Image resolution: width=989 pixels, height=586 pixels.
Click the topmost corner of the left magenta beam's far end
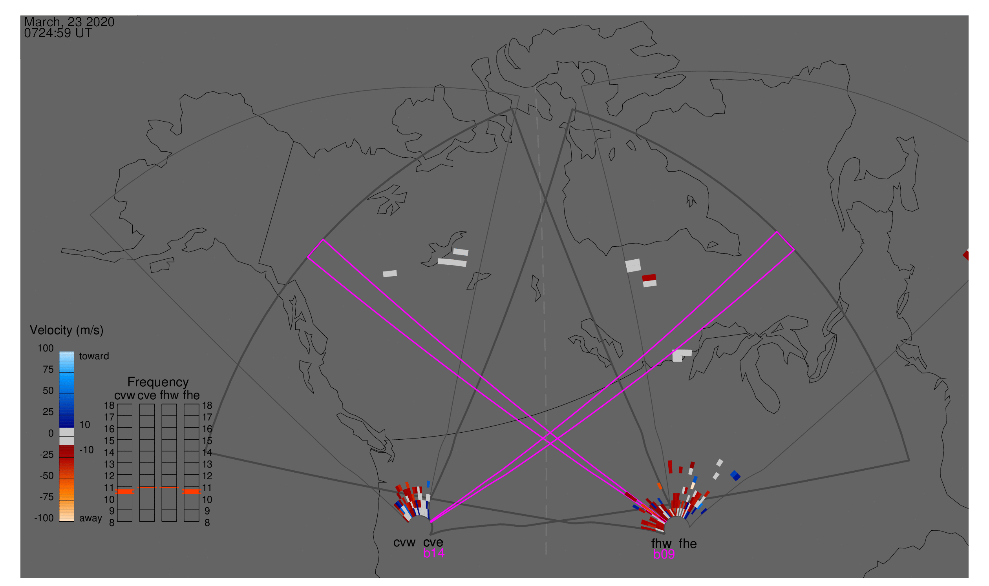tap(324, 239)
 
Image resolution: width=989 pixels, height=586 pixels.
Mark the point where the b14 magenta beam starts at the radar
tap(430, 522)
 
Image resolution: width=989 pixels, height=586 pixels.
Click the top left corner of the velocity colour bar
tap(59, 351)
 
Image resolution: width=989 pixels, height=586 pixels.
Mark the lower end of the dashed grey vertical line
tap(546, 553)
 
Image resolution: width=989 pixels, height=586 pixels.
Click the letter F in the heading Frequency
tap(130, 382)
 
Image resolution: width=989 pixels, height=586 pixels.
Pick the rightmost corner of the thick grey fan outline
tap(909, 460)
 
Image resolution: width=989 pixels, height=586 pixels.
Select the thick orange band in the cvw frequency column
tap(124, 491)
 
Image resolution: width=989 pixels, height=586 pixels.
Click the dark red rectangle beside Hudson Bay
tap(649, 278)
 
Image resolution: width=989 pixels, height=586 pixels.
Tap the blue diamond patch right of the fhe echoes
tap(735, 475)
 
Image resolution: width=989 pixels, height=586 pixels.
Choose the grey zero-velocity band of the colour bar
tap(66, 436)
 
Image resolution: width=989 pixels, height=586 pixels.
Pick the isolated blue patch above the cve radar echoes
tap(428, 484)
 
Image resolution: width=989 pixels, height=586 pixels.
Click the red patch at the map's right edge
tap(966, 255)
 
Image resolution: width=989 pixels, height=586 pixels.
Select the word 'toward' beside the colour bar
tap(94, 356)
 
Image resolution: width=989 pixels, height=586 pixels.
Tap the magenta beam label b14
tap(433, 553)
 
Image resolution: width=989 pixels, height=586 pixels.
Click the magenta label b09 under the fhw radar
tap(664, 554)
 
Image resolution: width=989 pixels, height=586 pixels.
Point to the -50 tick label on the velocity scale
tap(47, 475)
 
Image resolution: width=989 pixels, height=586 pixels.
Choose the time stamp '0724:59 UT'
tap(58, 33)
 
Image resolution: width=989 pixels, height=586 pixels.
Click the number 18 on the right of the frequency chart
tap(207, 406)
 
